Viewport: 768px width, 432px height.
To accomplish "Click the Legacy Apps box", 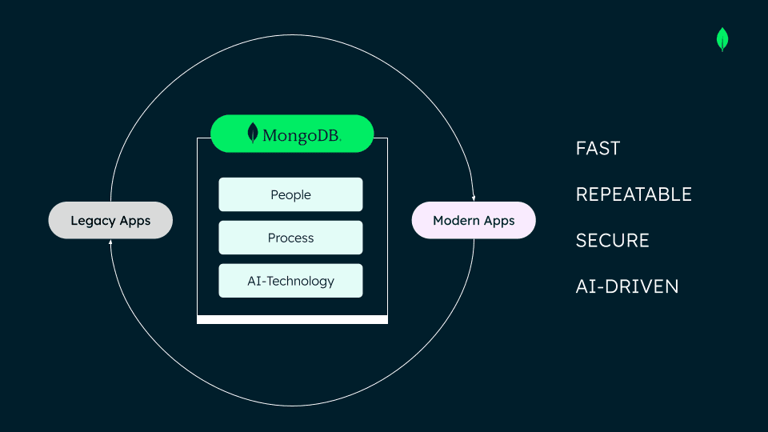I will coord(110,220).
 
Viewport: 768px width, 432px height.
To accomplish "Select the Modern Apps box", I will coord(474,220).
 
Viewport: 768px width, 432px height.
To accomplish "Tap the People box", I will coord(290,194).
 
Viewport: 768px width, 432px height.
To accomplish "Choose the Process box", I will coord(290,238).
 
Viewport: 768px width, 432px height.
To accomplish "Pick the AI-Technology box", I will coord(290,281).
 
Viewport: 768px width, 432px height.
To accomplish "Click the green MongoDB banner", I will coord(292,134).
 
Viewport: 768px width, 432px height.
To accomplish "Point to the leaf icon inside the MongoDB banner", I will coord(253,133).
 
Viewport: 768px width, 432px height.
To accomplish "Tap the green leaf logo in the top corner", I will coord(722,39).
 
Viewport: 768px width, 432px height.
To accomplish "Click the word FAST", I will coord(598,148).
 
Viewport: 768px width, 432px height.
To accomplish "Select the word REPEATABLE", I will coord(634,194).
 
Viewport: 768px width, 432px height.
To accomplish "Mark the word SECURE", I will coord(612,240).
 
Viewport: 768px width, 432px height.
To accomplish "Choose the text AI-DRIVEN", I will coord(627,286).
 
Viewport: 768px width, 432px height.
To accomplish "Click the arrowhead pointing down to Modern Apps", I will coord(474,198).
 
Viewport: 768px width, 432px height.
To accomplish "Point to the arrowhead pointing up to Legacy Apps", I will coord(110,242).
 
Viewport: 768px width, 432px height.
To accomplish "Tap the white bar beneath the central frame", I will coord(292,319).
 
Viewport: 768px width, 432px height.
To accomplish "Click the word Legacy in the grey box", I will coord(93,220).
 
